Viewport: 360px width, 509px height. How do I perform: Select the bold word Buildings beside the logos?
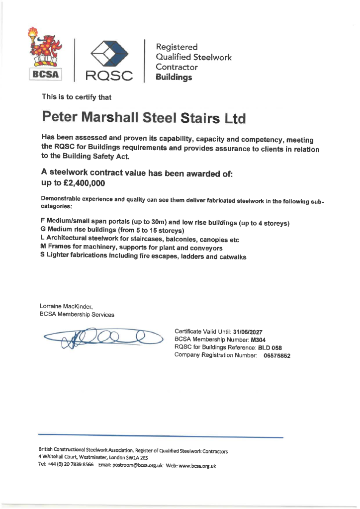click(174, 78)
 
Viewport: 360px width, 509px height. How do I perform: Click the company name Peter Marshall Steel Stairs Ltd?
click(144, 118)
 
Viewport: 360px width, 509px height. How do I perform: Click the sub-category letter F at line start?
click(43, 220)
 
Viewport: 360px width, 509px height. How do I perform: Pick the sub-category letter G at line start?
click(43, 229)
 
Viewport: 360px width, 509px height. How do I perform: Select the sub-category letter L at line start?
click(43, 238)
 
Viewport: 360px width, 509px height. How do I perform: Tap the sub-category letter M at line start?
click(43, 247)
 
